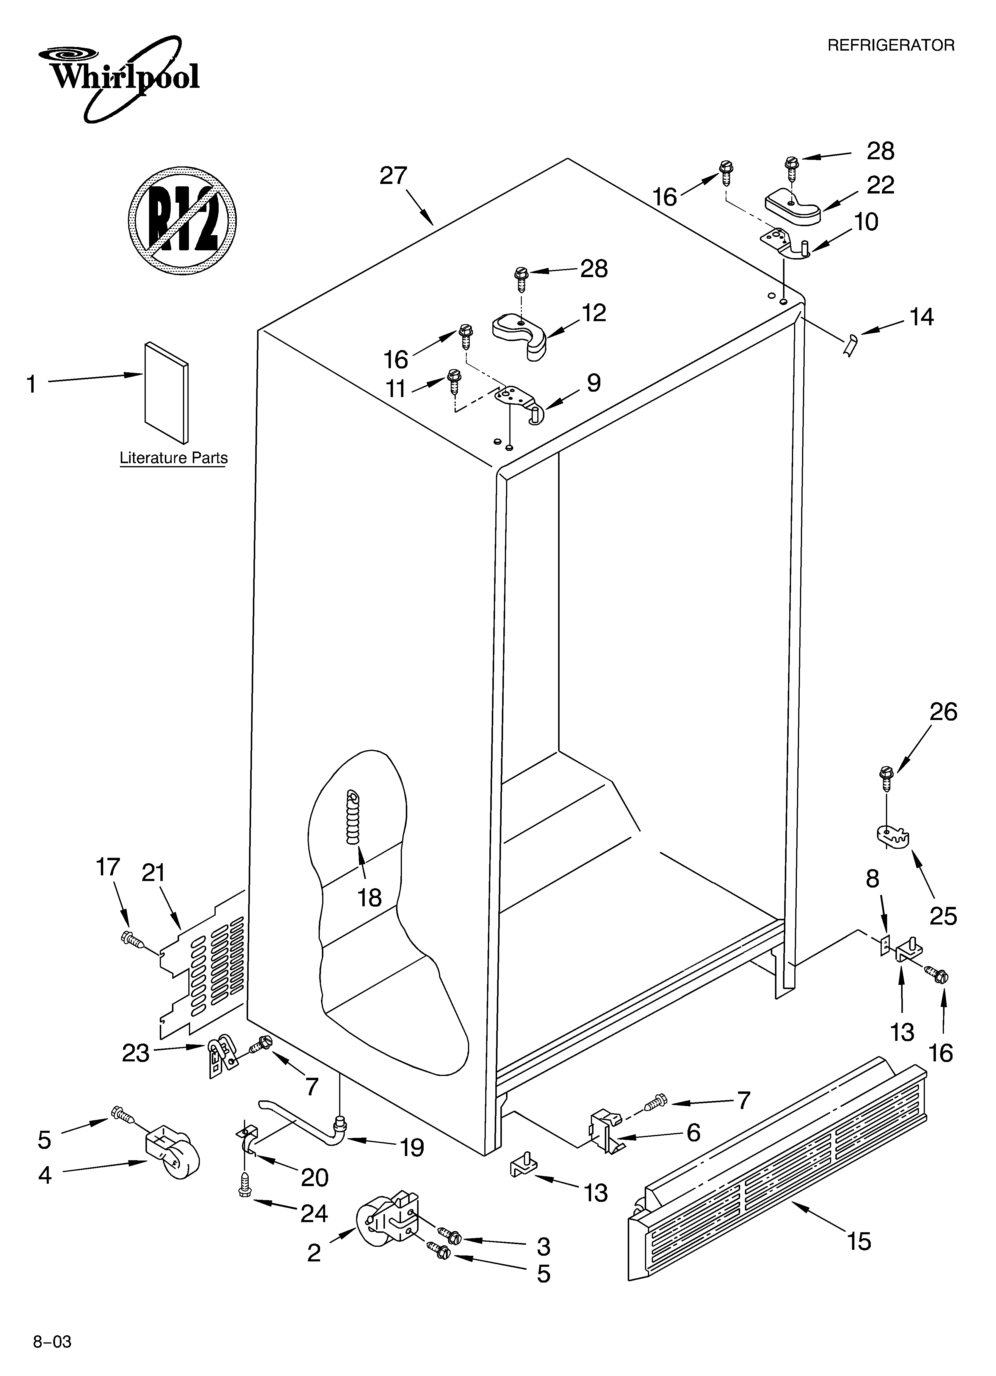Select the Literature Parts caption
pyautogui.click(x=173, y=458)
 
